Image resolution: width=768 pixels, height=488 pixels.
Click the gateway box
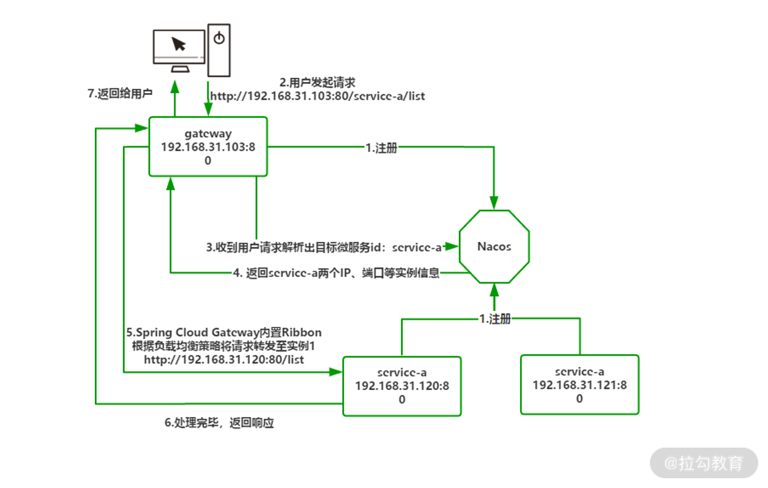(208, 147)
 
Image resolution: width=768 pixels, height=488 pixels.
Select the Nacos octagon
(494, 247)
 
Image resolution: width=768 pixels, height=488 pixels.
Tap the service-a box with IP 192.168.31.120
(401, 386)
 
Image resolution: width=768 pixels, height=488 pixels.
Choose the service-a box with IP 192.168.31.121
(579, 385)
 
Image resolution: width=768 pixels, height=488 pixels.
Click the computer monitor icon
(179, 49)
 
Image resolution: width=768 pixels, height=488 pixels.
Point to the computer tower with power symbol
(219, 50)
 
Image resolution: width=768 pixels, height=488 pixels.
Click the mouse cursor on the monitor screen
(179, 44)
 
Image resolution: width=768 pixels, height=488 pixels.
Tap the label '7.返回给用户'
(120, 94)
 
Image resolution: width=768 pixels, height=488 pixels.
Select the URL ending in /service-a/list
(317, 96)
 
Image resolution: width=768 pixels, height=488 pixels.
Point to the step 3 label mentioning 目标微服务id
(324, 247)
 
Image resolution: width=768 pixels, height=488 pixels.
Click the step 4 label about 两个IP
(336, 273)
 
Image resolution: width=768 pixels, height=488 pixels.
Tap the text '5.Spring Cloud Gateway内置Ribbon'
(224, 332)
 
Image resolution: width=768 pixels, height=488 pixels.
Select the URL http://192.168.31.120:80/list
(224, 359)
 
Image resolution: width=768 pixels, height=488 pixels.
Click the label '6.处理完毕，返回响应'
(218, 423)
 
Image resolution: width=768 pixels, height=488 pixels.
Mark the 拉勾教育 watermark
(704, 463)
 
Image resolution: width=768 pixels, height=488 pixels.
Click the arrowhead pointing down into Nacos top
(494, 201)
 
